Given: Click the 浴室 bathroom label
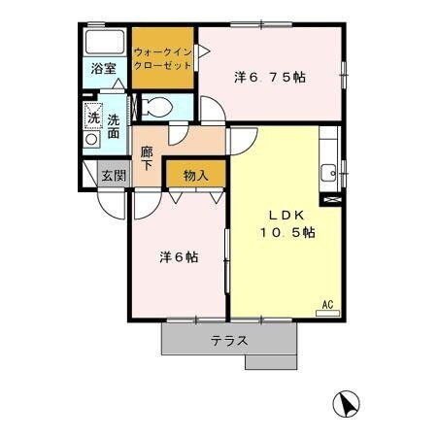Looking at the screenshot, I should click(103, 69).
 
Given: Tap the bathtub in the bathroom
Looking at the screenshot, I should click(104, 44).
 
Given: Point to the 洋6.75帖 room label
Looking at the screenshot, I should click(271, 77).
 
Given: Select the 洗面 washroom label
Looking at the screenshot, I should click(115, 128).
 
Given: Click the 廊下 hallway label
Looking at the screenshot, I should click(147, 158).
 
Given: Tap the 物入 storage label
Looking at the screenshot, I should click(194, 175).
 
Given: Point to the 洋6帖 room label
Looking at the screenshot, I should click(179, 257).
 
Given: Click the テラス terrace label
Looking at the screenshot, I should click(229, 340).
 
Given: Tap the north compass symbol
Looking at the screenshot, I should click(350, 402).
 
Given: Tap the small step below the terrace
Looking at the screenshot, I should click(270, 362).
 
